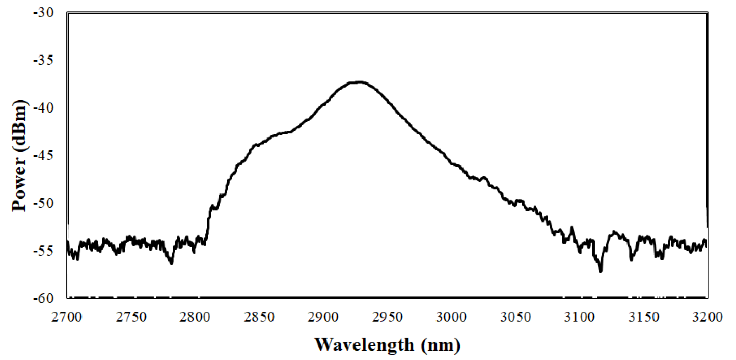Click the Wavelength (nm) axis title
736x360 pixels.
387,345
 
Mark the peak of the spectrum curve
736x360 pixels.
360,81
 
